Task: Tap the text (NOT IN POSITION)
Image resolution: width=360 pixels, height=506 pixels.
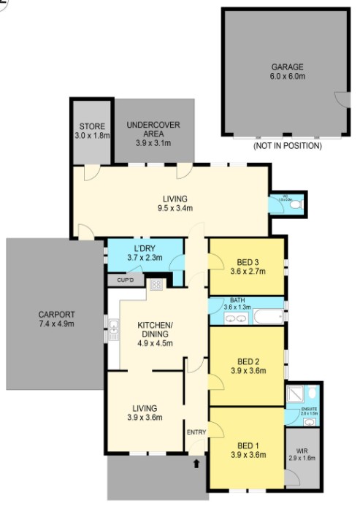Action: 287,146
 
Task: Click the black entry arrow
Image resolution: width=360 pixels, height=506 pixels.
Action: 196,463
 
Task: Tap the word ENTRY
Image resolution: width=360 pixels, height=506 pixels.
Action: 196,432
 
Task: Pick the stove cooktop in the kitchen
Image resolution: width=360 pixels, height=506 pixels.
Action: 156,285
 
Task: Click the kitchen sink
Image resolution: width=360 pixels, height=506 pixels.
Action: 114,333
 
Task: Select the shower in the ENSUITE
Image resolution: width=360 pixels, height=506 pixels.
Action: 294,395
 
